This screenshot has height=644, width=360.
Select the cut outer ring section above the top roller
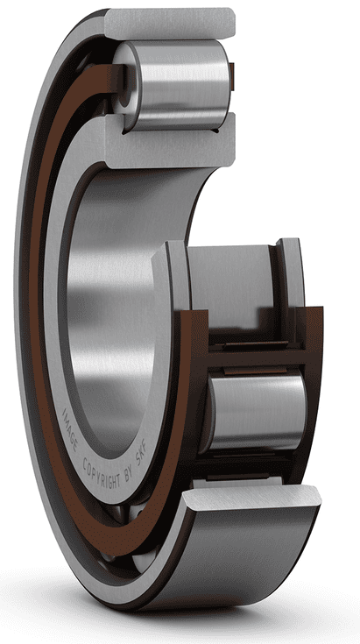[x=171, y=21]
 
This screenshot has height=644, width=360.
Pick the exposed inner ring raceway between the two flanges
[x=232, y=280]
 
